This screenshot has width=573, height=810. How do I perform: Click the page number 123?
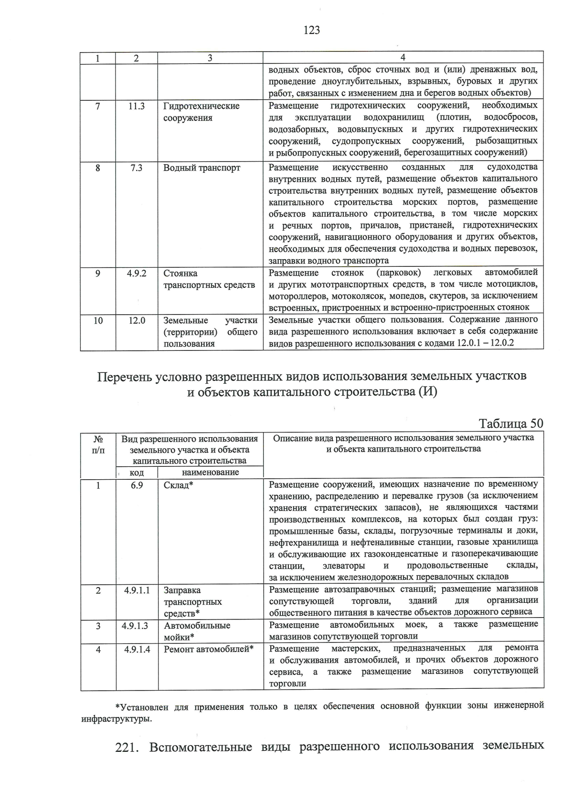pyautogui.click(x=311, y=31)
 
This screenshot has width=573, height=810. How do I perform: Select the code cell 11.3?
pyautogui.click(x=137, y=106)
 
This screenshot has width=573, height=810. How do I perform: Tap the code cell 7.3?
pyautogui.click(x=137, y=168)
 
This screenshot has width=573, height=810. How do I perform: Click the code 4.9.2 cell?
pyautogui.click(x=137, y=274)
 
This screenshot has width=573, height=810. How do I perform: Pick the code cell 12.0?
pyautogui.click(x=137, y=321)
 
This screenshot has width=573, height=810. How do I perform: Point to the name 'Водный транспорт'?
pyautogui.click(x=202, y=168)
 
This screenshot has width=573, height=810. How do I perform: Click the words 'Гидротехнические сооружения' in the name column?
pyautogui.click(x=201, y=112)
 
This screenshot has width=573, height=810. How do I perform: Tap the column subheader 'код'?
pyautogui.click(x=137, y=473)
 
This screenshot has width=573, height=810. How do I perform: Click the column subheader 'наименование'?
pyautogui.click(x=210, y=473)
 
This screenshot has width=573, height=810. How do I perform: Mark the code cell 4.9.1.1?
pyautogui.click(x=137, y=590)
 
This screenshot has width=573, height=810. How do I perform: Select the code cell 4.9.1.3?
pyautogui.click(x=137, y=626)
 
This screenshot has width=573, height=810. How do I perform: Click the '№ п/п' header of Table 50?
pyautogui.click(x=98, y=444)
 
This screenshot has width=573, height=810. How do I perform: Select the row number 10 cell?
pyautogui.click(x=98, y=321)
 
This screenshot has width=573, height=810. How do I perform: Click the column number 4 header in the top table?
pyautogui.click(x=403, y=58)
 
